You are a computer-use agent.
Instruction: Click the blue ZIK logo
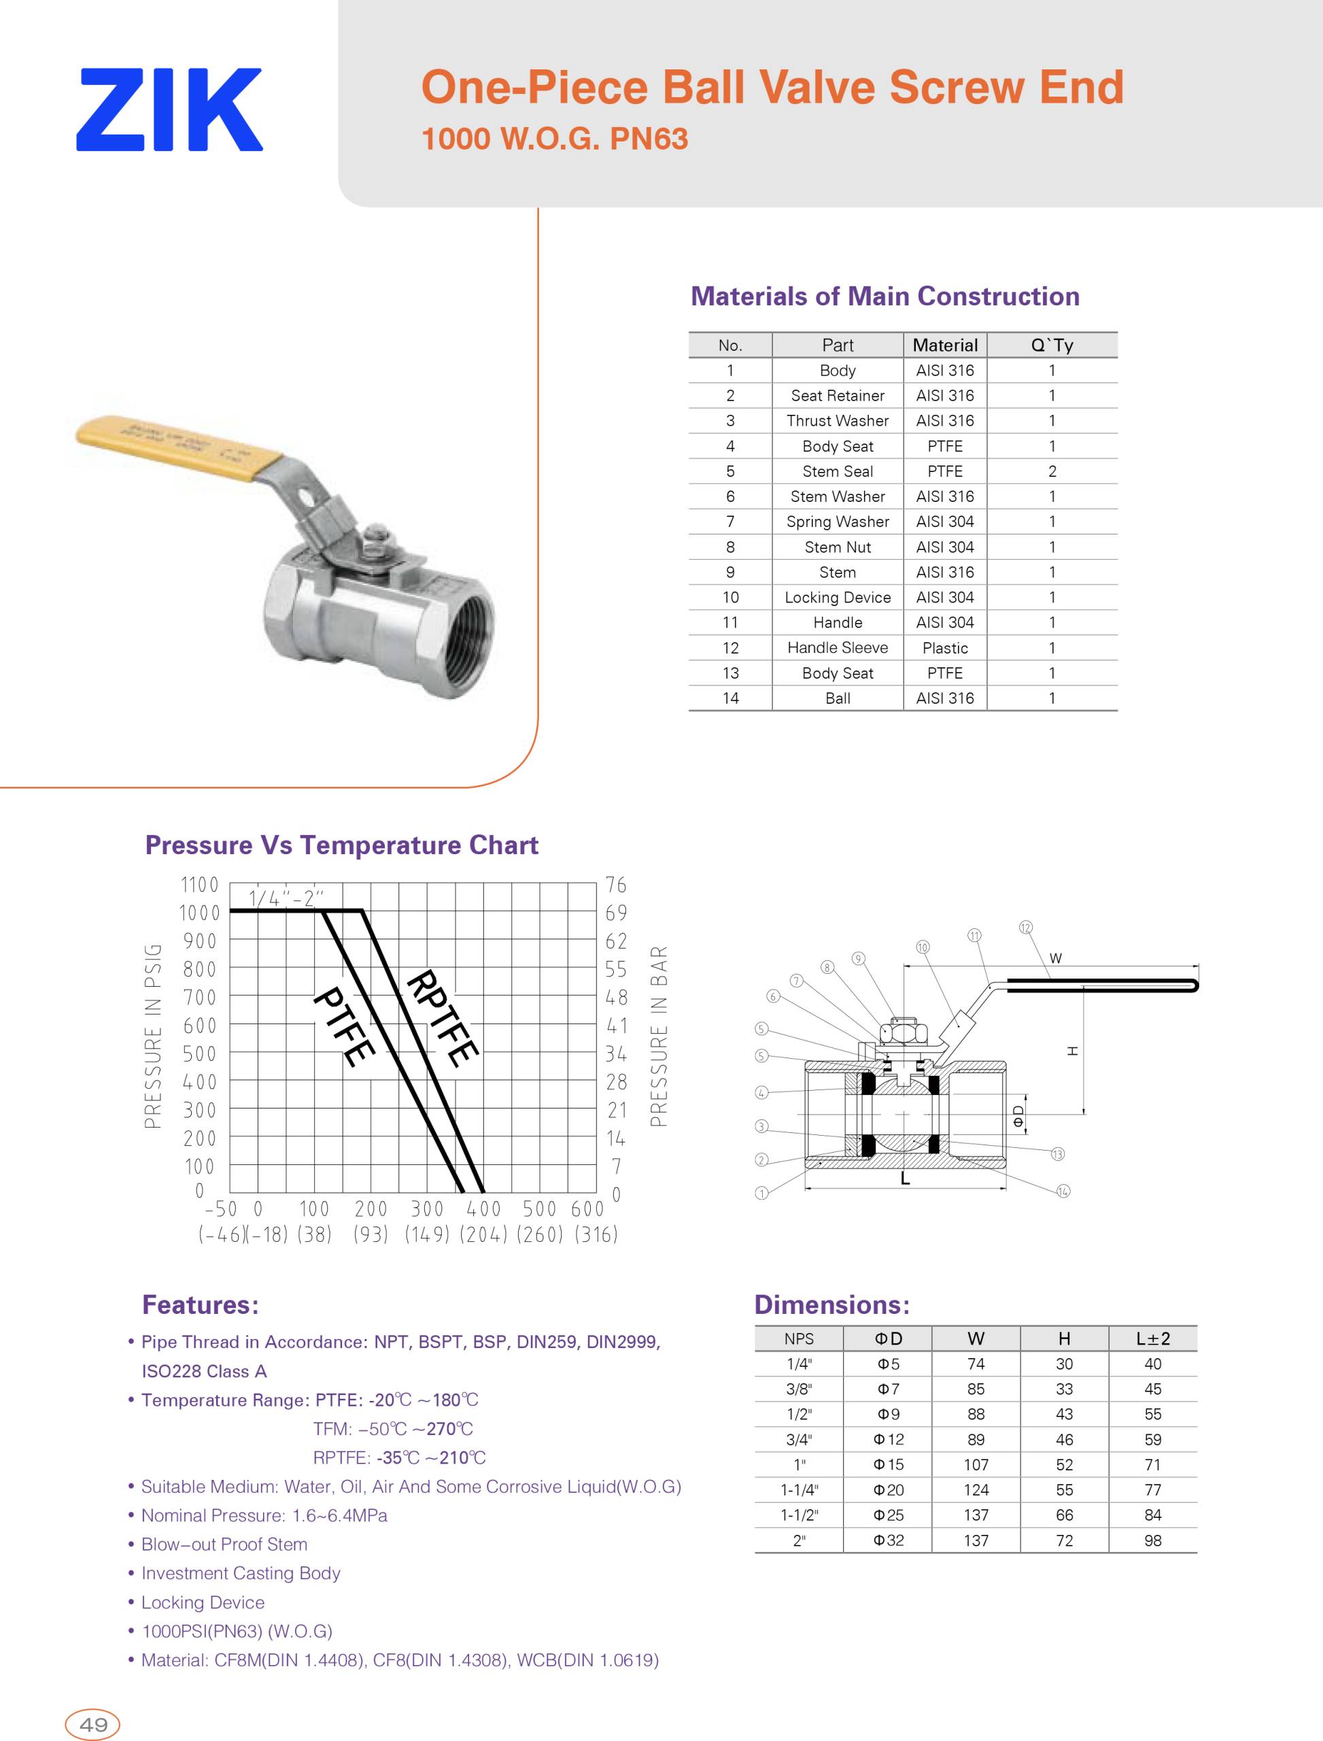(169, 109)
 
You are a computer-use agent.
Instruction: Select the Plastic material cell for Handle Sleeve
(944, 647)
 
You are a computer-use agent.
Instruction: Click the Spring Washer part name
(837, 522)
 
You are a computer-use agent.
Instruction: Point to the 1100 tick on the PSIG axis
(199, 885)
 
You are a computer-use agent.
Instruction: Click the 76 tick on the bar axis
(616, 885)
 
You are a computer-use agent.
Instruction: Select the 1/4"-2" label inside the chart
(286, 898)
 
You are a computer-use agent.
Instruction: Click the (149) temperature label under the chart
(427, 1234)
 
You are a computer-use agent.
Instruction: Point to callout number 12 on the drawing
(1025, 927)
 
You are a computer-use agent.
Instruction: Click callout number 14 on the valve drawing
(1063, 1190)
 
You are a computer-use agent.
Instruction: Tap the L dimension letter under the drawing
(905, 1179)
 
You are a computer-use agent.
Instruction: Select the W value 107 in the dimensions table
(976, 1464)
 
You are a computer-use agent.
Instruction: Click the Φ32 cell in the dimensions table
(889, 1540)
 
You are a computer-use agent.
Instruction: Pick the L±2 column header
(1152, 1338)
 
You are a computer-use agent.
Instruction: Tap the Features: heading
(200, 1304)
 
